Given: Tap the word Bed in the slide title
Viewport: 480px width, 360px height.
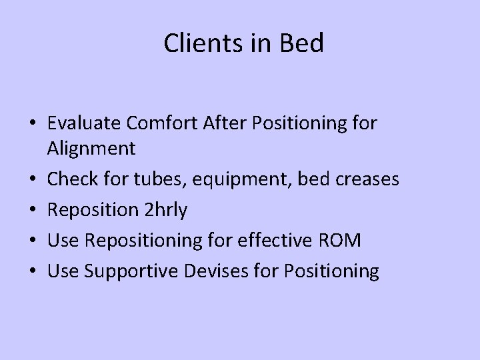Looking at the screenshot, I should (x=301, y=43).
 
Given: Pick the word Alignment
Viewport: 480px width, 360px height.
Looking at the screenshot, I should (x=91, y=148).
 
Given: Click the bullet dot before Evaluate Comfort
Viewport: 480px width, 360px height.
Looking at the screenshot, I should (x=31, y=124).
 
